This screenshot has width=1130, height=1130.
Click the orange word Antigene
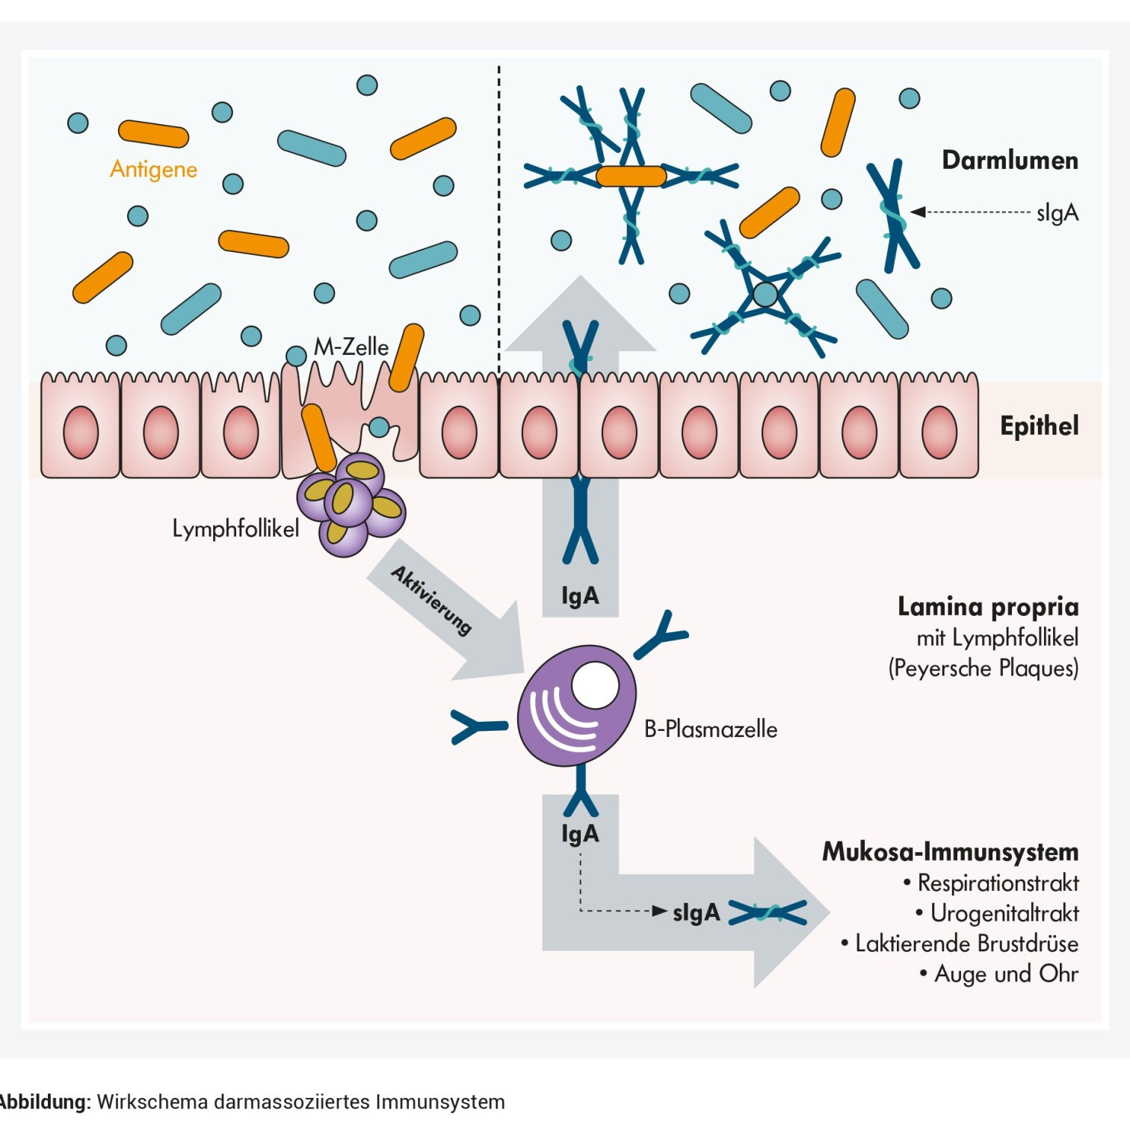point(153,170)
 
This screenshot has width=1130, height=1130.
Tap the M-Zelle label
point(351,347)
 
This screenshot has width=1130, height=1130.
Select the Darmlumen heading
point(1010,161)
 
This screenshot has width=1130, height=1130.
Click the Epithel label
point(1039,426)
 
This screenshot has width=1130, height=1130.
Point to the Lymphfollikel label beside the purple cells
point(235,529)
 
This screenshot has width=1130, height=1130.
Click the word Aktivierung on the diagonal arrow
point(431,600)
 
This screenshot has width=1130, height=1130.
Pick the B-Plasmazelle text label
point(711,729)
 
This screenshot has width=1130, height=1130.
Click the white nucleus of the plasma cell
point(595,685)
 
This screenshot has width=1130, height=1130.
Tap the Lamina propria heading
point(988,607)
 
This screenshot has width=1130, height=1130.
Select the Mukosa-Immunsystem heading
point(950,852)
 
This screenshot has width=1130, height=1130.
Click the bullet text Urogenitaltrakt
point(1004,913)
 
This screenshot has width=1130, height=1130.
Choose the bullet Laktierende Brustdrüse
point(966,944)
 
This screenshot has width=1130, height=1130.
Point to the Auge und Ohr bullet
point(1006,974)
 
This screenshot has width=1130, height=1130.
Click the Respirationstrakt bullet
point(998,883)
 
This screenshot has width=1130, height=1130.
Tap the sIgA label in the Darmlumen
point(1058,213)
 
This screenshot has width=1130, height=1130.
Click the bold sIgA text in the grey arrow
point(696,913)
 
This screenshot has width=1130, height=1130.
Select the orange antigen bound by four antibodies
point(631,176)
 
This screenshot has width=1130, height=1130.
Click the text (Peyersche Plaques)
point(983,668)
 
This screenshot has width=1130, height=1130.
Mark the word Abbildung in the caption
point(45,1102)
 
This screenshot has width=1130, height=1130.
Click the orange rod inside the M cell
point(319,436)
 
